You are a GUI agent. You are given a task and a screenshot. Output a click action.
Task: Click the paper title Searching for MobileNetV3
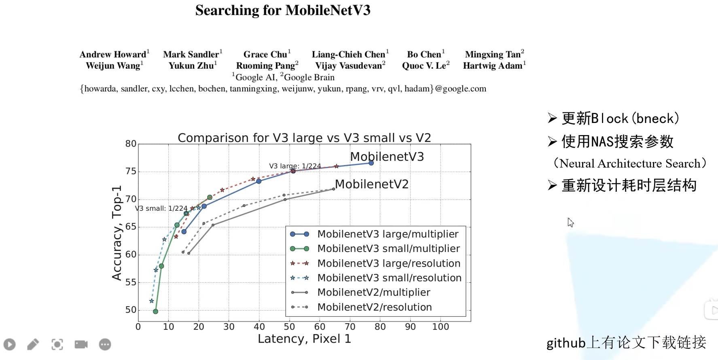(x=283, y=11)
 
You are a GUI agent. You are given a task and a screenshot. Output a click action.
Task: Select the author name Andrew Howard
(x=113, y=55)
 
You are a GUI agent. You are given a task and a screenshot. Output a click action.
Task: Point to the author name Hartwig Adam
(x=493, y=66)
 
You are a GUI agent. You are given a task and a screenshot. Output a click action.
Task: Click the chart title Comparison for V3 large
(x=304, y=138)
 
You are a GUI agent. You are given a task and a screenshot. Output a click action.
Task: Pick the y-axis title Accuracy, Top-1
(x=117, y=233)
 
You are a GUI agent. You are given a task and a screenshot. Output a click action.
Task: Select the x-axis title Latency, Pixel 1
(x=304, y=339)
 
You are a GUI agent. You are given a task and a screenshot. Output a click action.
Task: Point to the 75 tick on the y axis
(x=131, y=172)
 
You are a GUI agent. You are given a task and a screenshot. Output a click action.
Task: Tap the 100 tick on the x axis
(x=441, y=327)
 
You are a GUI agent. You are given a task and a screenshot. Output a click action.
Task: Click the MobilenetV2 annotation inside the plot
(x=371, y=184)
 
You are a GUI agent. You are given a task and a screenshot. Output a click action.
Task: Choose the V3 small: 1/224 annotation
(x=161, y=208)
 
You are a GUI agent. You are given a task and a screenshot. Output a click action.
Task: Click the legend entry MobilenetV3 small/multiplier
(x=388, y=249)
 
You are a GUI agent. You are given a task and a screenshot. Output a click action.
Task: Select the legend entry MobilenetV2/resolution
(x=374, y=307)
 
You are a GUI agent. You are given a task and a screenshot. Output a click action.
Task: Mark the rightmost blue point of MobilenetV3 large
(x=371, y=163)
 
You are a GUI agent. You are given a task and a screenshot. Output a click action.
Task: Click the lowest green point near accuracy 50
(x=155, y=311)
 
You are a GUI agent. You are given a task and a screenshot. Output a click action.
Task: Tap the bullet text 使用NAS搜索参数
(x=617, y=142)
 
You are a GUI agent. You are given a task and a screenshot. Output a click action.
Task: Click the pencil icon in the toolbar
(x=33, y=344)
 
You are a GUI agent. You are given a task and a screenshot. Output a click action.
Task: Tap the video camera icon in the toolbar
(x=81, y=344)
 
